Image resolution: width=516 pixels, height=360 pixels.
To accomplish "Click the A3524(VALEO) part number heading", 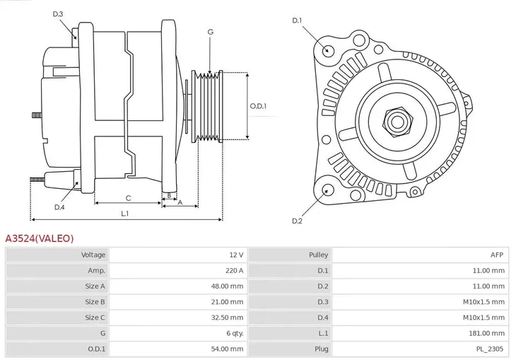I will [40, 238].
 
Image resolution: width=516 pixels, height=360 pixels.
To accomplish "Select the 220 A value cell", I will [234, 271].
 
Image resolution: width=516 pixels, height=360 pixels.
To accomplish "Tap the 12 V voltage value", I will [235, 255].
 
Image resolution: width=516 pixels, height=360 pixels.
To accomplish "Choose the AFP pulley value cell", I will [497, 255].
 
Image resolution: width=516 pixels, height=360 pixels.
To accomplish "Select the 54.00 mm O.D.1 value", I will [228, 349].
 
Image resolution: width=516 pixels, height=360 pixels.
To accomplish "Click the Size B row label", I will [95, 302].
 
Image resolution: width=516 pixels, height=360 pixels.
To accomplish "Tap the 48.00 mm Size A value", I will [228, 286].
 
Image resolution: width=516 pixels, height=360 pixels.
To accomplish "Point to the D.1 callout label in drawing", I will [297, 21].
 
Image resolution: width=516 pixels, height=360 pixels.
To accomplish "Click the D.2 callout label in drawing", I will [297, 221].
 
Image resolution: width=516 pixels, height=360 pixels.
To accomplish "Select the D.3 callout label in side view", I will [58, 14].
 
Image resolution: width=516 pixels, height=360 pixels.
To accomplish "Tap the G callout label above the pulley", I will [210, 32].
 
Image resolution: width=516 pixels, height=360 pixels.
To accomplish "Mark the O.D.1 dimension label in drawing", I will [259, 106].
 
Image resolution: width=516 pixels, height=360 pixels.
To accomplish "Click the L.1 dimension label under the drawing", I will [124, 213].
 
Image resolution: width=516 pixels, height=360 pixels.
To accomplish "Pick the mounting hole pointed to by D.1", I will [327, 50].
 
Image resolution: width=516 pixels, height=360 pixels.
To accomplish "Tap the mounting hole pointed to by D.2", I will [327, 190].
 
